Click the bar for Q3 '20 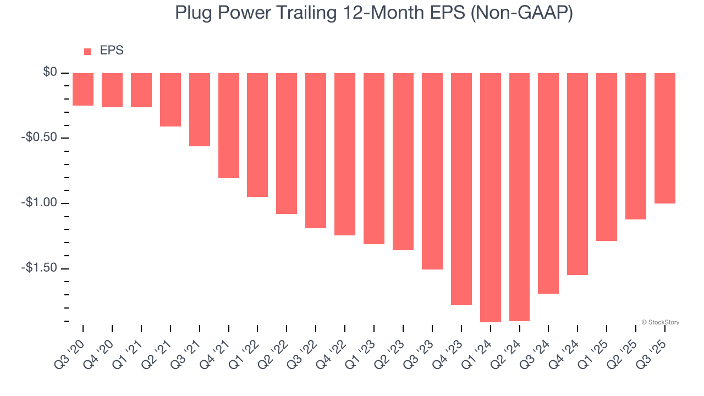tap(83, 89)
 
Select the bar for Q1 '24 tap(491, 197)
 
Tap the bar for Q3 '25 tap(665, 138)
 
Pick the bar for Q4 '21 tap(229, 125)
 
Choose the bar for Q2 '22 tap(287, 143)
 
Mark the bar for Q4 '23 tap(461, 189)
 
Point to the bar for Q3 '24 tap(548, 183)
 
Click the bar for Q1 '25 tap(607, 157)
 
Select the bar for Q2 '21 tap(170, 100)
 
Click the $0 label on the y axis tap(50, 72)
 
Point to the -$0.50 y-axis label tap(40, 137)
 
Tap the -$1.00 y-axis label tap(40, 203)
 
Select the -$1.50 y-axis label tap(40, 268)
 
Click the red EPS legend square tap(87, 52)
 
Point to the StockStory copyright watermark tap(660, 322)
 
